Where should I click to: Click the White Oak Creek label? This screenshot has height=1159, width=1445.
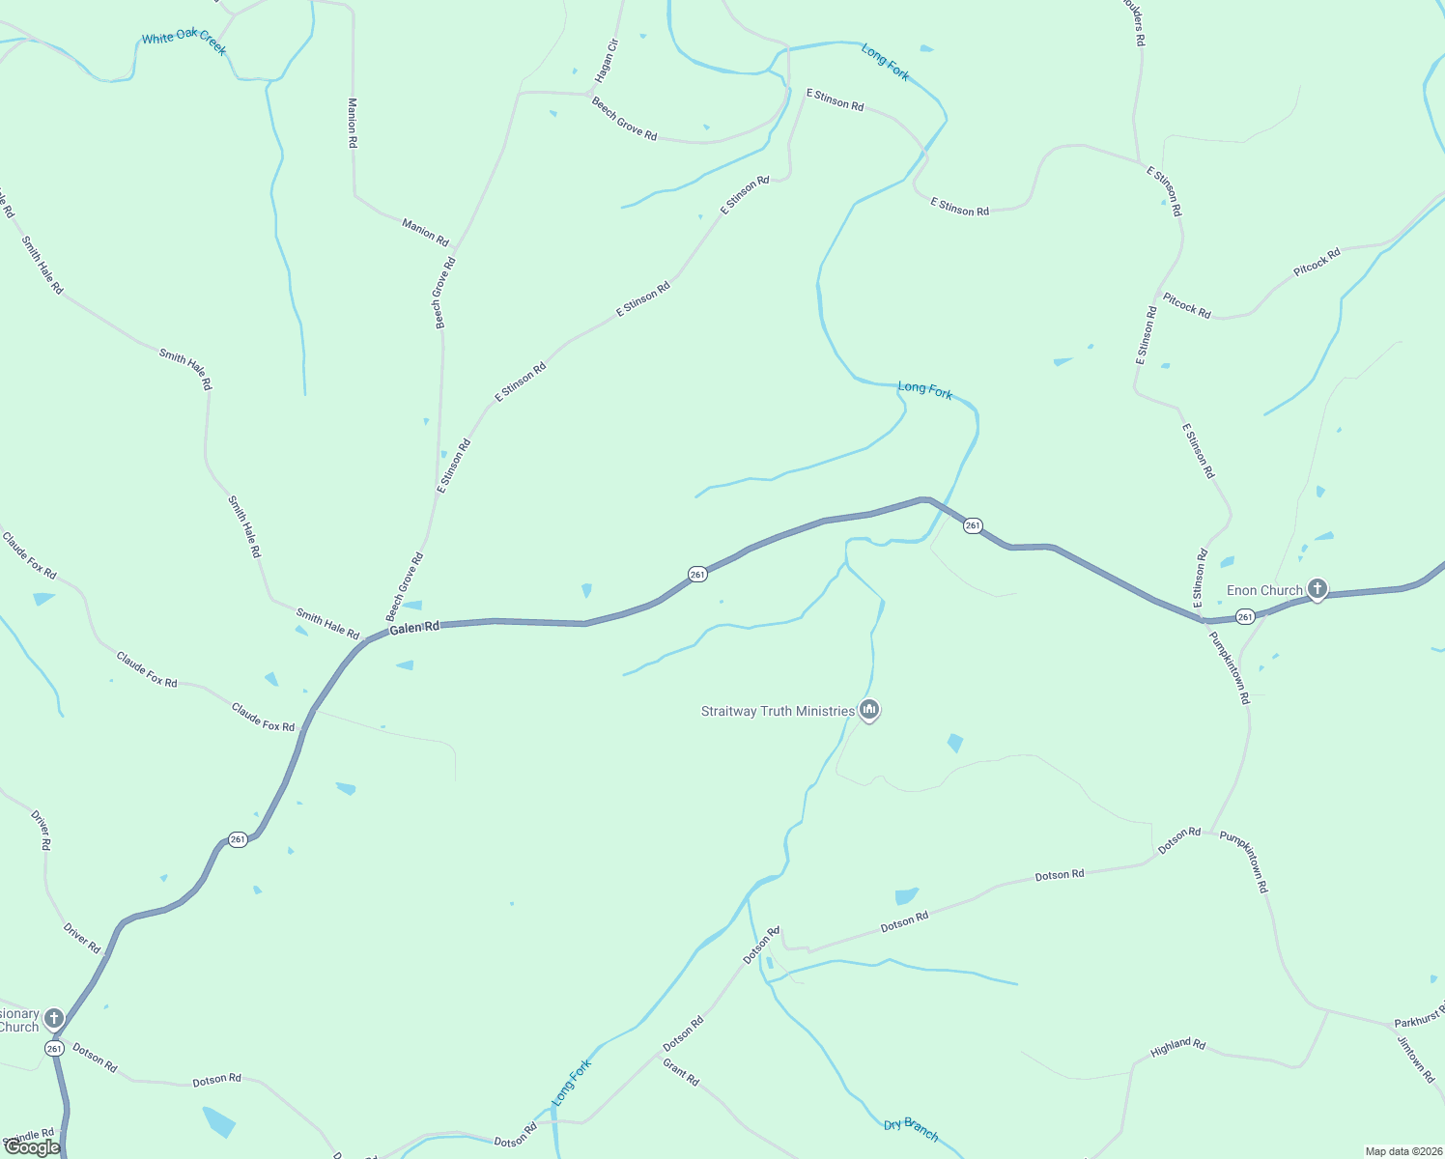pos(184,42)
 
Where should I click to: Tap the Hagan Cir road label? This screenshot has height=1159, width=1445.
pos(605,60)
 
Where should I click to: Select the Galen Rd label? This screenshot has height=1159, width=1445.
pos(414,628)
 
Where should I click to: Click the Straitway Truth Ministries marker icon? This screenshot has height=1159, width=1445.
pos(869,711)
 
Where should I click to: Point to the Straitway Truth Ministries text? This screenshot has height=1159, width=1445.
pos(778,712)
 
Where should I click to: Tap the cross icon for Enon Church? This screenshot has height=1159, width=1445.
pos(1317,589)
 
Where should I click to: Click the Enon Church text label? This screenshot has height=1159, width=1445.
pos(1264,590)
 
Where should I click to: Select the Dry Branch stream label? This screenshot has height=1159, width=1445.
pos(911,1129)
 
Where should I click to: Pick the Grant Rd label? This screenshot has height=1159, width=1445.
pos(681,1071)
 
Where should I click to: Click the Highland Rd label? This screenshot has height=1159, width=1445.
pos(1177,1047)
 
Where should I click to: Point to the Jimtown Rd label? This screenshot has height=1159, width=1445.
pos(1416,1059)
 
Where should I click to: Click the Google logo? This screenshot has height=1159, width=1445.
pos(32,1147)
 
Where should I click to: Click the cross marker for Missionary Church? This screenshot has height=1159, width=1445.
pos(54,1018)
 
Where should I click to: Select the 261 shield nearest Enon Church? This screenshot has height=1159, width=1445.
pos(1245,616)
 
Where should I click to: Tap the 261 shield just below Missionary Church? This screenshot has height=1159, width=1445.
pos(54,1048)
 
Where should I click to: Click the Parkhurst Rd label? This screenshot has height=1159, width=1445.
pos(1419,1018)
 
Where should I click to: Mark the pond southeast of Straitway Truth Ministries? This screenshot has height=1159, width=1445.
pos(955,743)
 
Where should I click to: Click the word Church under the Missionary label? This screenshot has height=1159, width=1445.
pos(18,1027)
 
